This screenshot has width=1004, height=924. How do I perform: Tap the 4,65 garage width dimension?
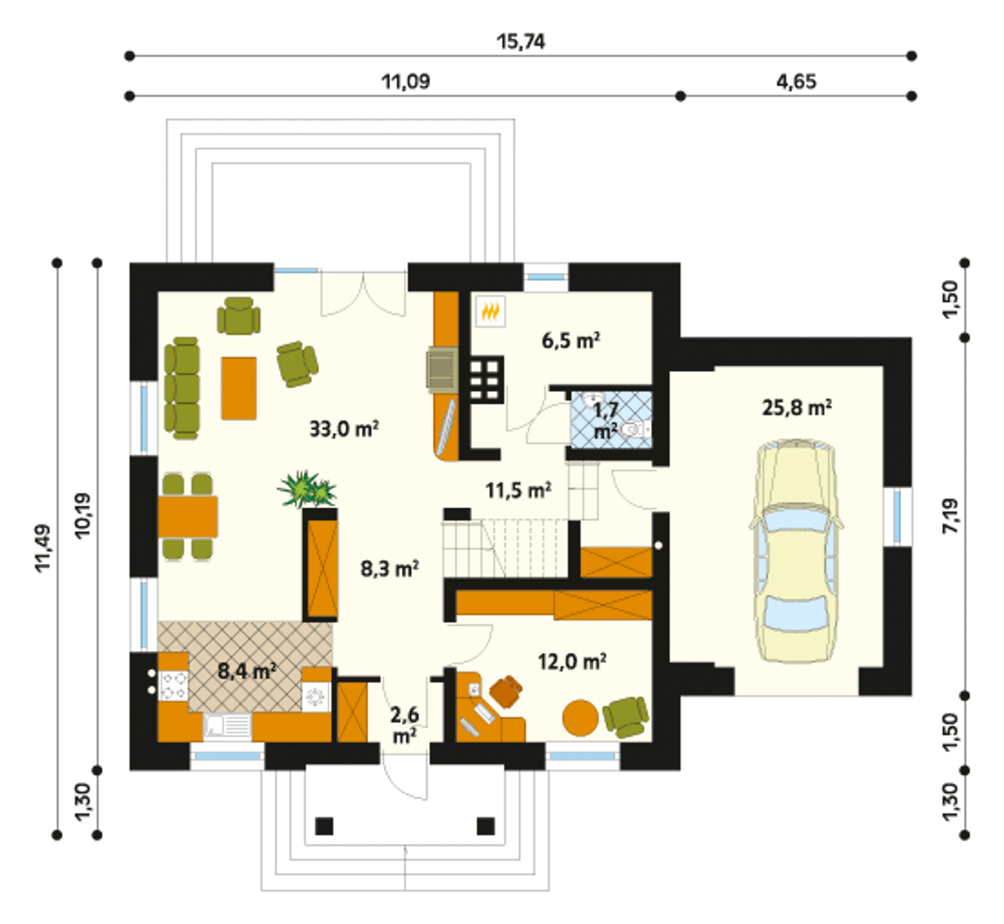point(796,82)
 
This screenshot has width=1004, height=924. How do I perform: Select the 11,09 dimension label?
point(406,82)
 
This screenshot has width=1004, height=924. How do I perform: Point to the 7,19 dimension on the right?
point(951,516)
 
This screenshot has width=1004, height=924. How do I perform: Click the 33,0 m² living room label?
point(344,429)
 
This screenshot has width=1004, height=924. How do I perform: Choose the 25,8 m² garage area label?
point(797,407)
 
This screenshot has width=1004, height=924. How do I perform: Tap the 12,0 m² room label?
point(572,661)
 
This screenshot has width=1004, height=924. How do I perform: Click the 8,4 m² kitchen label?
point(247,671)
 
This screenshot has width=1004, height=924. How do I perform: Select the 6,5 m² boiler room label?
point(570,341)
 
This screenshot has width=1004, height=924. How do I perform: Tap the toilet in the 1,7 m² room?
point(635,429)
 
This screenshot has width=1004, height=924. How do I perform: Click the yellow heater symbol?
point(490,312)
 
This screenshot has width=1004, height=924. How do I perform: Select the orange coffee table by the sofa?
point(238,388)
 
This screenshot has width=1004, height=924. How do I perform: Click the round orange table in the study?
point(580,717)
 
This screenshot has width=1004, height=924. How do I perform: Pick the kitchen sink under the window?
point(227,727)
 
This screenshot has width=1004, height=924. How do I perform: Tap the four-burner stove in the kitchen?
point(173,686)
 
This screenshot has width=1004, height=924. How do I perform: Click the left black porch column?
point(324,826)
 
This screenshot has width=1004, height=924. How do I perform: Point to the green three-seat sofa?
point(182,388)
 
